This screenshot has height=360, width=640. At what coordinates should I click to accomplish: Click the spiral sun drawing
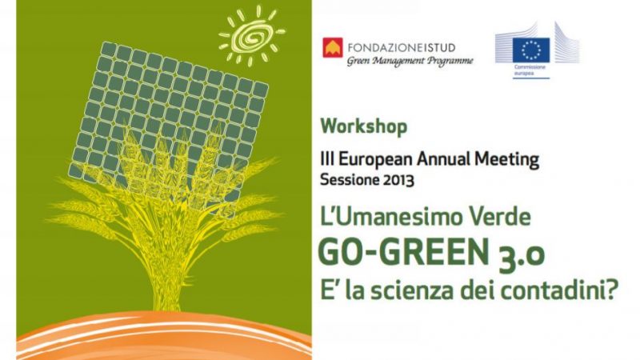click(251, 35)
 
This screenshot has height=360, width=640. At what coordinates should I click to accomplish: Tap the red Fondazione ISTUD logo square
click(333, 48)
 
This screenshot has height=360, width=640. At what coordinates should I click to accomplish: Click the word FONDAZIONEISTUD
click(402, 48)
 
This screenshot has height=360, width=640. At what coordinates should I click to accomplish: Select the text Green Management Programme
click(410, 62)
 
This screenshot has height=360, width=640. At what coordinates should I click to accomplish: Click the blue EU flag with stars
click(531, 50)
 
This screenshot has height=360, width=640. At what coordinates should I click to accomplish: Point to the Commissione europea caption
click(530, 70)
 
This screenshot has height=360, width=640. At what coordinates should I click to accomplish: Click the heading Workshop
click(364, 126)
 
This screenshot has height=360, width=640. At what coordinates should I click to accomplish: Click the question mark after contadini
click(610, 290)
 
